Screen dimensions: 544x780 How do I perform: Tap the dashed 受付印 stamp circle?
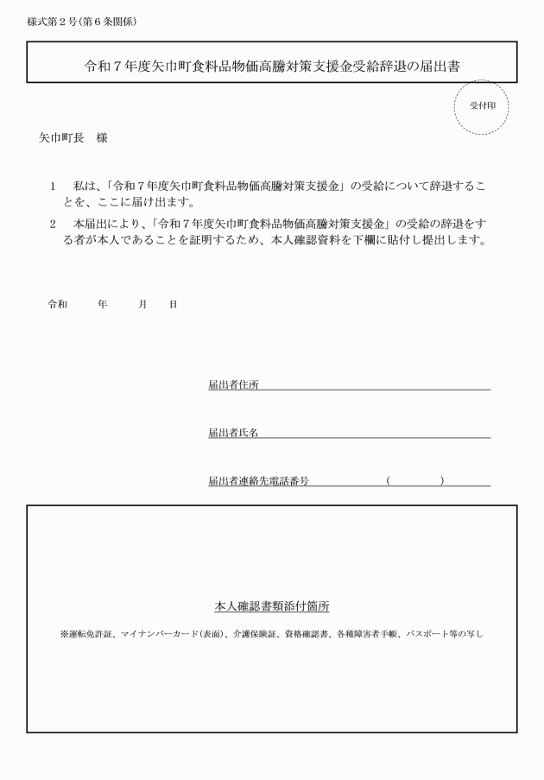(481, 107)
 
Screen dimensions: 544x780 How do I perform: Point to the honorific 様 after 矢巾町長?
(101, 137)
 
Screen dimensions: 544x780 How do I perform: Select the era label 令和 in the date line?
(57, 304)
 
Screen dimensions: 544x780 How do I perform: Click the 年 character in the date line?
(102, 304)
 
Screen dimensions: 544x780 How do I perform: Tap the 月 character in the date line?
(142, 304)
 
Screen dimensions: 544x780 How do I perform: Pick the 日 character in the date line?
(173, 304)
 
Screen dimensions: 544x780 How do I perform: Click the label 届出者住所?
(233, 384)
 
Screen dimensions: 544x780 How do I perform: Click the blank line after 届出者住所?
(375, 386)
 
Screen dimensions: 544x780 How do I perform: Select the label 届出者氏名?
(233, 432)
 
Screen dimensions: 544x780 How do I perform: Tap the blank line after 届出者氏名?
(375, 434)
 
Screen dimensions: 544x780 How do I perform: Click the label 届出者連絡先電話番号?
(258, 480)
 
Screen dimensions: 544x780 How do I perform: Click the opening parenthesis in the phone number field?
(389, 480)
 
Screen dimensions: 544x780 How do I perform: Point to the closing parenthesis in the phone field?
(441, 480)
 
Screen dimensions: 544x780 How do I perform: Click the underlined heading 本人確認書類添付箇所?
(271, 606)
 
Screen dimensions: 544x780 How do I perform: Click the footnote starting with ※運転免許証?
(271, 634)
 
